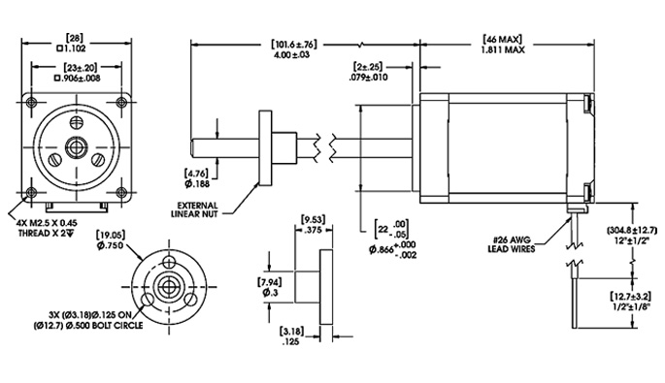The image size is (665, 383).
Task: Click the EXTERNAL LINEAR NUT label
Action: (209, 209)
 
